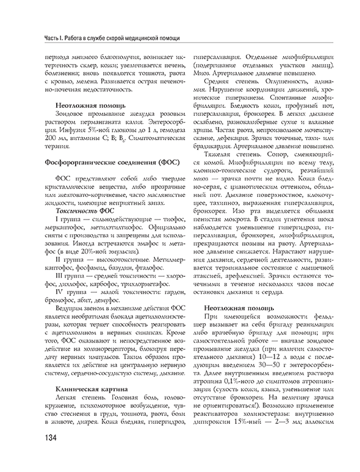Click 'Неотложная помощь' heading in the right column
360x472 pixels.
pyautogui.click(x=242, y=308)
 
